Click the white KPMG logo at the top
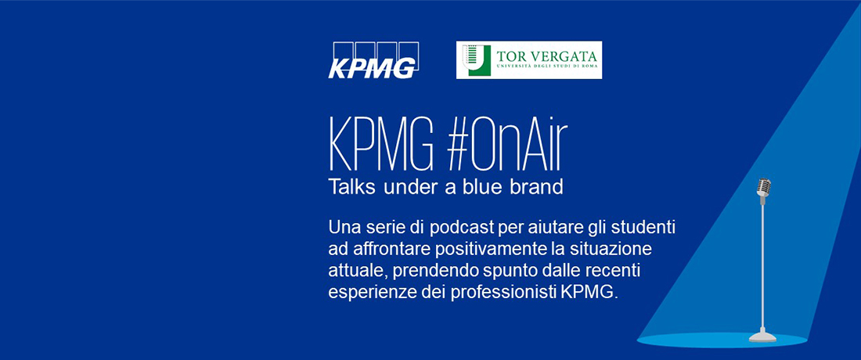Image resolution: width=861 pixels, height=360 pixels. (x=373, y=59)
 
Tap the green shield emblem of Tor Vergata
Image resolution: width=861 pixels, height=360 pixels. (x=476, y=59)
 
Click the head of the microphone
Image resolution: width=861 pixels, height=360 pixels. (x=763, y=187)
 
